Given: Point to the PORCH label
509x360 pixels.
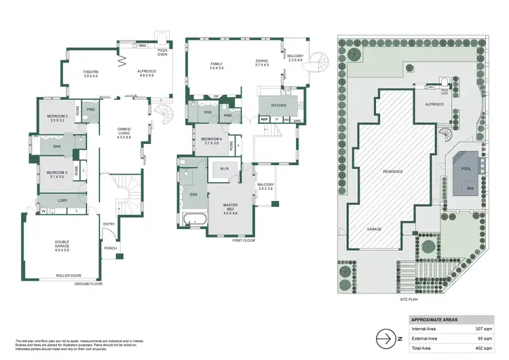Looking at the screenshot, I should click(111, 248).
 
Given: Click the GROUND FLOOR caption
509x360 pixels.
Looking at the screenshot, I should click(88, 283).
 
